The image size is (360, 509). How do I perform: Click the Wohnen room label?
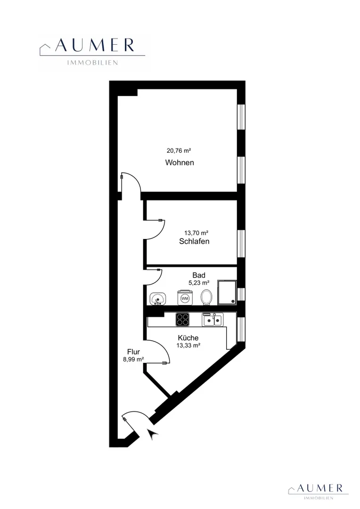tap(180, 162)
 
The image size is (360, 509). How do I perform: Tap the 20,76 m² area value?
tap(179, 151)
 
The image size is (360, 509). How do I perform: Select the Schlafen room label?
tap(194, 241)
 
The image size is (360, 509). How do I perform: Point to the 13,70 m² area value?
tap(196, 233)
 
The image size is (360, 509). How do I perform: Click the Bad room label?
tap(199, 275)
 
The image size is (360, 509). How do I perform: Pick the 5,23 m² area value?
tap(199, 283)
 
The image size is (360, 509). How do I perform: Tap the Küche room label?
tap(188, 338)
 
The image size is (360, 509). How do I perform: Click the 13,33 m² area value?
tap(188, 345)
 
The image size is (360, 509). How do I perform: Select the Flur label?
tap(133, 352)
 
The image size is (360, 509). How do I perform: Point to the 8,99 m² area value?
tap(133, 359)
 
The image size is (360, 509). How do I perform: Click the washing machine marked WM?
tap(185, 298)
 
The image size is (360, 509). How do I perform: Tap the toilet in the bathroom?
tap(206, 297)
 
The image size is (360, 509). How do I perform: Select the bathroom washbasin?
tap(158, 298)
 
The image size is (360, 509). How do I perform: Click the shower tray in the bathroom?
tap(227, 293)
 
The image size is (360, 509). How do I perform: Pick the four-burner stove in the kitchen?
tap(182, 319)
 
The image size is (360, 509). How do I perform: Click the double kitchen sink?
tap(213, 320)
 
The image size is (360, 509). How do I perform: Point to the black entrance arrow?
tap(152, 434)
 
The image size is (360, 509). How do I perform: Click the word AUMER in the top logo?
tap(95, 45)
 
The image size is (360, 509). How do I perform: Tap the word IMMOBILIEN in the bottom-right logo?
tap(319, 498)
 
